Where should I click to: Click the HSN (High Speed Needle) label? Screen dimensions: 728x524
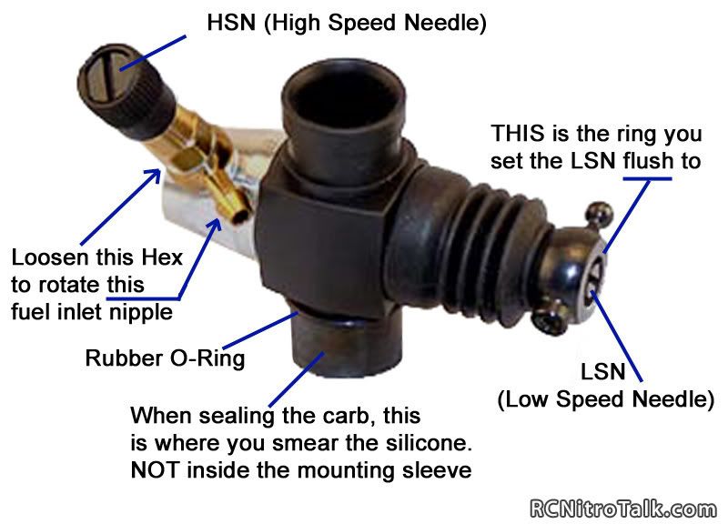[347, 22]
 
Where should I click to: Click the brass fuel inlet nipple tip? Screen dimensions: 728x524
[239, 215]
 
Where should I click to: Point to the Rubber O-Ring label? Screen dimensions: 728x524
[166, 358]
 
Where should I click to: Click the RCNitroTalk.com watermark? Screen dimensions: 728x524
[623, 509]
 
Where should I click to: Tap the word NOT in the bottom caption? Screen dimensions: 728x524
[155, 470]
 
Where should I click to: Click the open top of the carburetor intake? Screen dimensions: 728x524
[344, 92]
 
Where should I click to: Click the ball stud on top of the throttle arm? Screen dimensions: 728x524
[600, 214]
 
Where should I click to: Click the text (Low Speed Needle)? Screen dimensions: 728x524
[605, 399]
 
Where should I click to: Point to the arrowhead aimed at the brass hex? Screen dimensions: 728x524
[152, 177]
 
